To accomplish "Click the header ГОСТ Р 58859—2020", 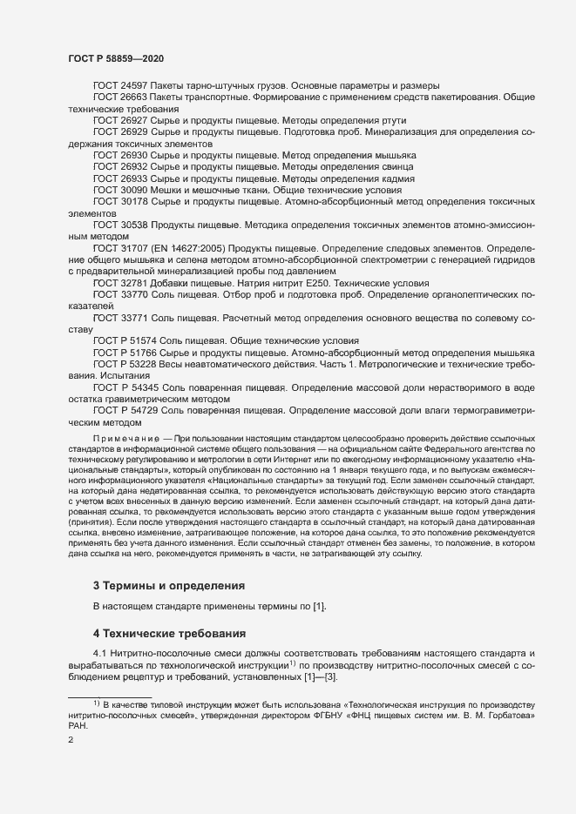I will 115,58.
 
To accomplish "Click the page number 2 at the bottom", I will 71,740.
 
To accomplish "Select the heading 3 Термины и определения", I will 168,585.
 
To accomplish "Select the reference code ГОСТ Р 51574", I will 125,340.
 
